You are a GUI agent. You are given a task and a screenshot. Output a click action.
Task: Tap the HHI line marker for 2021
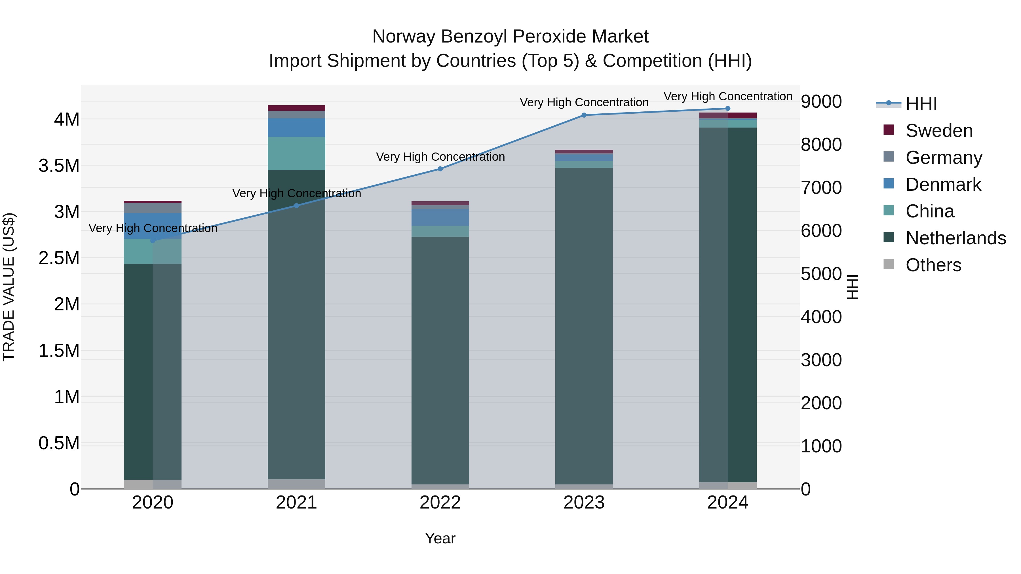tap(296, 206)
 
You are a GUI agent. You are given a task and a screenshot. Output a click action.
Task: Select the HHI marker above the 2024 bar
tap(728, 109)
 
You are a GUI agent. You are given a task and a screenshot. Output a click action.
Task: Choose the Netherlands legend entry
tap(955, 238)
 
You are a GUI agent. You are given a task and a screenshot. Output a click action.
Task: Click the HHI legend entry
tap(921, 104)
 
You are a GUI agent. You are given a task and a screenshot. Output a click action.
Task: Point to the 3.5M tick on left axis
tap(59, 166)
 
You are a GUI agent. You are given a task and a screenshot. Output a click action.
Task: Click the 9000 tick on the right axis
tap(821, 101)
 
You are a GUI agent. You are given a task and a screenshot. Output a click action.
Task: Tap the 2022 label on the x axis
tap(440, 503)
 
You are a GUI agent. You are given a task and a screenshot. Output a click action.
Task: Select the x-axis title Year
tap(440, 538)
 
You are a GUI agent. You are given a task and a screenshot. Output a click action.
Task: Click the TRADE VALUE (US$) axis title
tap(9, 287)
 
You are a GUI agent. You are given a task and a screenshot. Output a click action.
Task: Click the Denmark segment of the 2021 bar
tap(296, 128)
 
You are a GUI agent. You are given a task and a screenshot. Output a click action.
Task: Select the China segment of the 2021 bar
tap(296, 153)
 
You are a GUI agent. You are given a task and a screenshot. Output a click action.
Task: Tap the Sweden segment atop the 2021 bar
tap(296, 108)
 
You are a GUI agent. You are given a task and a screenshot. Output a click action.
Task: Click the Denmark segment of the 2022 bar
tap(440, 217)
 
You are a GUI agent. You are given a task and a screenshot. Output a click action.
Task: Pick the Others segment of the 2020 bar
tap(153, 484)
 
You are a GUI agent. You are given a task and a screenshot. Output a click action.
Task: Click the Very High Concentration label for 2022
tap(440, 157)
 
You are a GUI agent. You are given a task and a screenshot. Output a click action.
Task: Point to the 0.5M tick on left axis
tap(59, 443)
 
